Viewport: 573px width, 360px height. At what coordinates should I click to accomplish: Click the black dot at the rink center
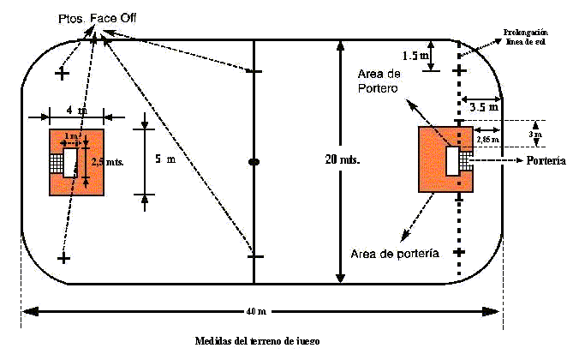click(x=254, y=161)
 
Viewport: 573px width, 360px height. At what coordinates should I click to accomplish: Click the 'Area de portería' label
click(x=396, y=254)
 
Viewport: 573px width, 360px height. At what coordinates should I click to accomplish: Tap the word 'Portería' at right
click(x=546, y=160)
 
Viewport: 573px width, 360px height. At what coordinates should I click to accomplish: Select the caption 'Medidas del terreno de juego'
click(x=257, y=341)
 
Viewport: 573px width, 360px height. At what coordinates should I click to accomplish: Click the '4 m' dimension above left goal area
click(x=75, y=111)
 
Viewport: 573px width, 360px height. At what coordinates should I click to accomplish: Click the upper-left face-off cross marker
click(x=62, y=75)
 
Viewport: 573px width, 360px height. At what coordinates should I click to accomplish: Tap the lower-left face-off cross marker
click(x=63, y=257)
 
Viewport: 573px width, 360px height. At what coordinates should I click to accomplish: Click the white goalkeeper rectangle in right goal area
click(x=452, y=159)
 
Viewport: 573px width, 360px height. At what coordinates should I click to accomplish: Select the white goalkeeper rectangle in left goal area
click(x=70, y=160)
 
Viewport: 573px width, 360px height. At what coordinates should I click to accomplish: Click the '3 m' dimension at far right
click(x=535, y=135)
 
